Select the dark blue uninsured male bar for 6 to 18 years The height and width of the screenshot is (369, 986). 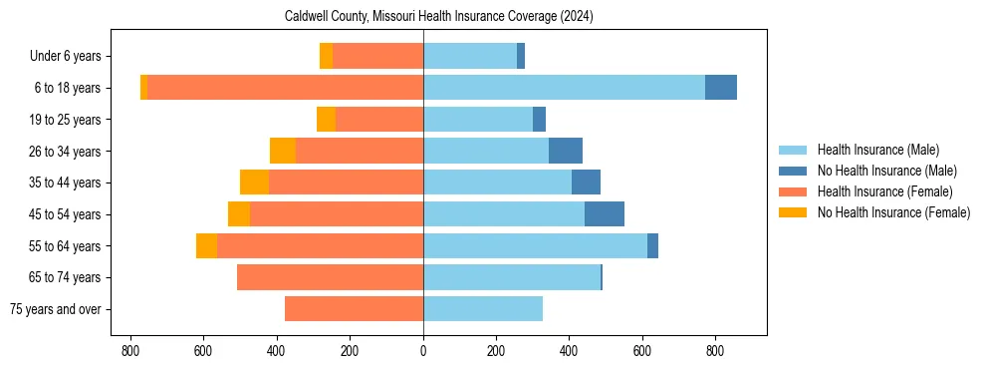click(721, 88)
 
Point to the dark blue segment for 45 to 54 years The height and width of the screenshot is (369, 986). click(605, 214)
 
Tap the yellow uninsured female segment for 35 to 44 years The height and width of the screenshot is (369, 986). click(255, 183)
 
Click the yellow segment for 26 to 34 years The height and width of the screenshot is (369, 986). click(283, 151)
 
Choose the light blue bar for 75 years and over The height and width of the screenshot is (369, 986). click(483, 309)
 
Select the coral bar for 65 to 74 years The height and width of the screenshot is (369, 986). click(330, 277)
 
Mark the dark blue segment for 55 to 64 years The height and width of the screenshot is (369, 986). click(652, 245)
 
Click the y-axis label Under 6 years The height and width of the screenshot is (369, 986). click(73, 57)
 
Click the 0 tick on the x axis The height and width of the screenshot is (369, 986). click(423, 351)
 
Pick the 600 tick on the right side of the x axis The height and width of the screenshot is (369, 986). click(642, 351)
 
